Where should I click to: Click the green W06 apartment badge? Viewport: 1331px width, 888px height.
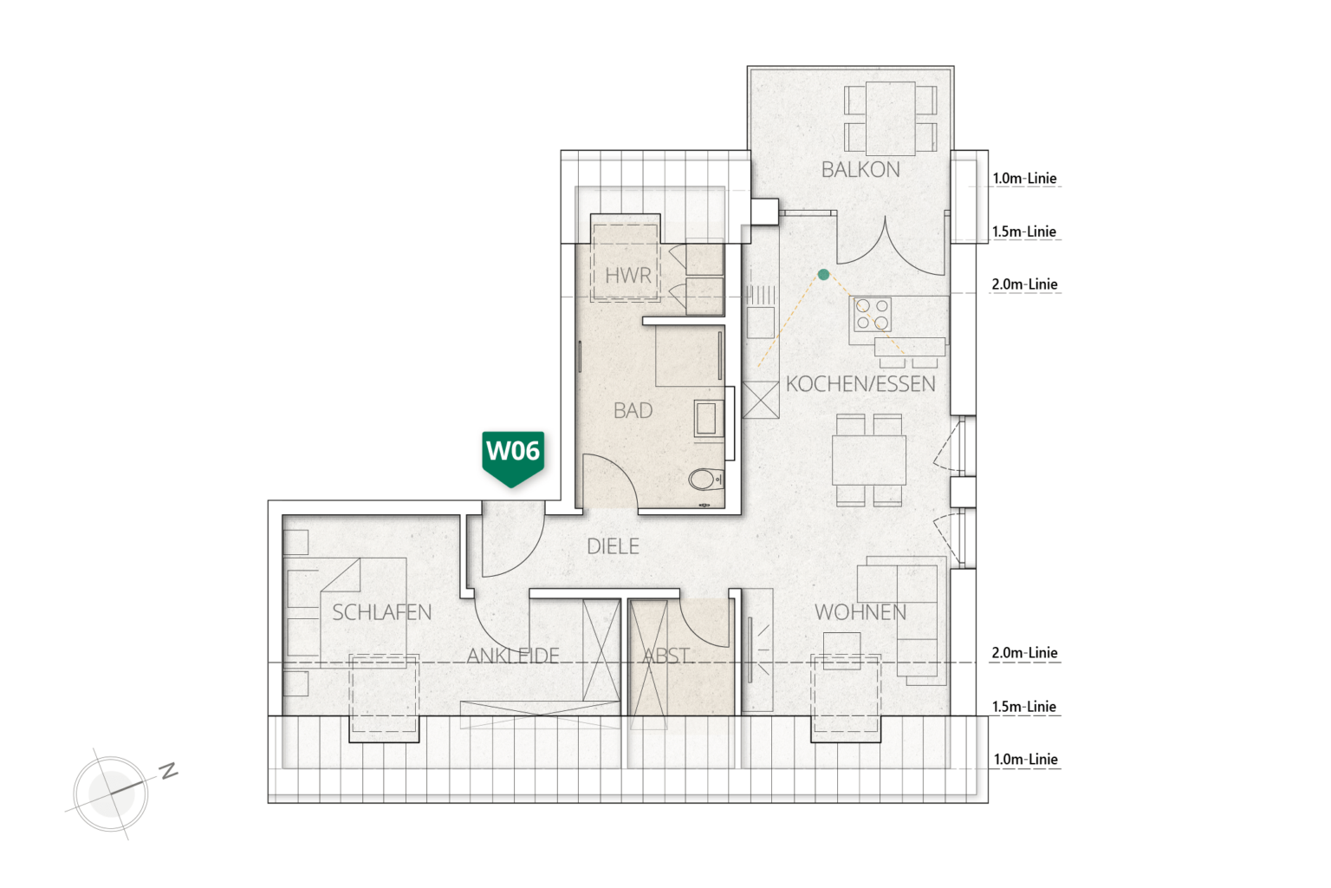[513, 457]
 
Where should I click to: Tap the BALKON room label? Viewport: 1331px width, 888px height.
[860, 170]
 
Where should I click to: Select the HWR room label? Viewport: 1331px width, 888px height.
[627, 276]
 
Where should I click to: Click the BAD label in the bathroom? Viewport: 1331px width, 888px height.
[633, 410]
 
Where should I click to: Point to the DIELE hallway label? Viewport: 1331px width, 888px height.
[613, 546]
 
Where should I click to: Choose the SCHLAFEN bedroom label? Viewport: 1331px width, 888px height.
[381, 612]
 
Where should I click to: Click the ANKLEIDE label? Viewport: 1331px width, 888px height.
[513, 656]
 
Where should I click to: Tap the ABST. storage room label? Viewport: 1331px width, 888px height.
[666, 656]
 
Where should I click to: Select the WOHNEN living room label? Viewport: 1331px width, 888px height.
[860, 612]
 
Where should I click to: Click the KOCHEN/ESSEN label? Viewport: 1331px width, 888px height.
[860, 384]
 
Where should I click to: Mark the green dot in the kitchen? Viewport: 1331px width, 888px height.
[823, 274]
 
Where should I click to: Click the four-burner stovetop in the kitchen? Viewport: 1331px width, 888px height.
[873, 314]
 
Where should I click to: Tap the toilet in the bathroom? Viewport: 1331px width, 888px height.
[706, 480]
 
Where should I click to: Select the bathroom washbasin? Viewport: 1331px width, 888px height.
[708, 417]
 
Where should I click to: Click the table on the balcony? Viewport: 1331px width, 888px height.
[890, 119]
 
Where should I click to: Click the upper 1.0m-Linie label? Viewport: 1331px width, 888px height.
[1024, 179]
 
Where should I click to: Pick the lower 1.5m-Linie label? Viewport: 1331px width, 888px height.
[1024, 707]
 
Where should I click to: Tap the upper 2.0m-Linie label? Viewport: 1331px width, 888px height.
[1024, 284]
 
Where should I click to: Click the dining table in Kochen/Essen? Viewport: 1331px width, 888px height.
[869, 460]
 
